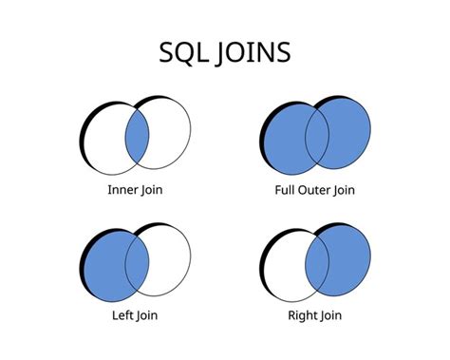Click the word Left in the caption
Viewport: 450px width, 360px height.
coord(124,313)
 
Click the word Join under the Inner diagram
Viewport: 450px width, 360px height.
coord(151,190)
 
